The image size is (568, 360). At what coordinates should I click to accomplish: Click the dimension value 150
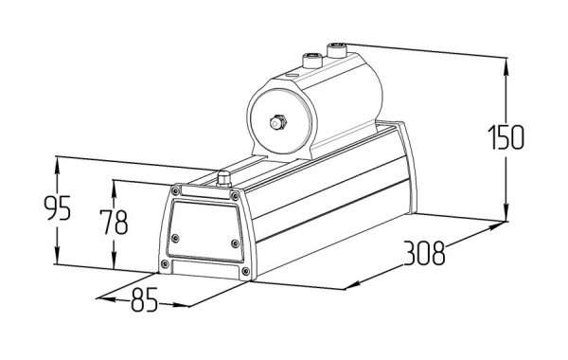pyautogui.click(x=506, y=137)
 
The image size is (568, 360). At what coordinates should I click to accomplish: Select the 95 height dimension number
pyautogui.click(x=57, y=208)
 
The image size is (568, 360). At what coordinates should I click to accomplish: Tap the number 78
pyautogui.click(x=114, y=223)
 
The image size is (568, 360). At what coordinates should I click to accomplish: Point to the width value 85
pyautogui.click(x=144, y=300)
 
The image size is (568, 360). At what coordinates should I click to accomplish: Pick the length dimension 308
pyautogui.click(x=424, y=253)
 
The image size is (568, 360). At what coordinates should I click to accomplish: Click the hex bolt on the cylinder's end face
pyautogui.click(x=277, y=122)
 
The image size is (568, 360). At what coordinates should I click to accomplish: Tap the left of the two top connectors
pyautogui.click(x=312, y=61)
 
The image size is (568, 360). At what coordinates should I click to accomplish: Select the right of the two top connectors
pyautogui.click(x=337, y=50)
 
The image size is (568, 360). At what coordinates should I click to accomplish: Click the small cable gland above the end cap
pyautogui.click(x=223, y=179)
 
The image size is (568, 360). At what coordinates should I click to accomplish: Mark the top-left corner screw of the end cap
pyautogui.click(x=176, y=190)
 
